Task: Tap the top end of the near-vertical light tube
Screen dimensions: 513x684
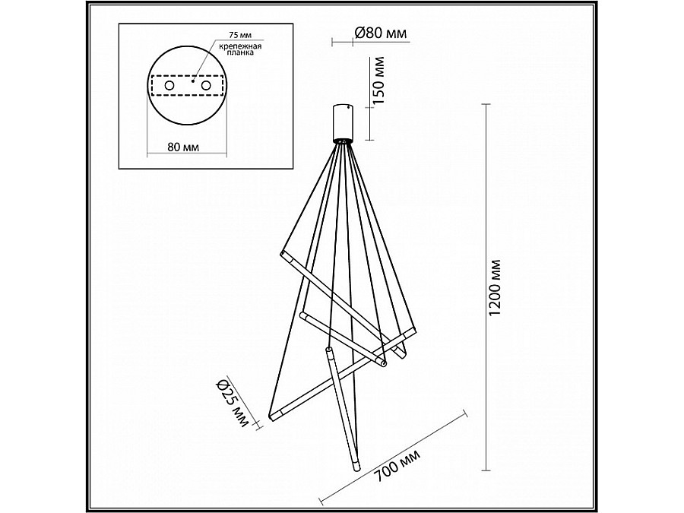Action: pyautogui.click(x=328, y=350)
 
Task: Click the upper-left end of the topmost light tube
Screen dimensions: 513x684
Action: pyautogui.click(x=283, y=252)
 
